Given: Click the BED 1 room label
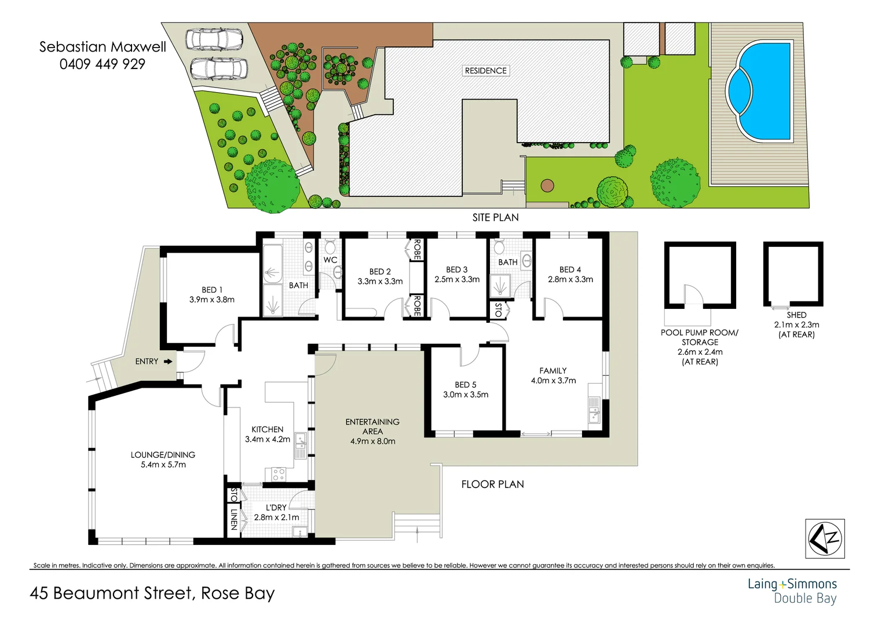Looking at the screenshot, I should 212,290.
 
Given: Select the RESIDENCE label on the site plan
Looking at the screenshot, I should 485,71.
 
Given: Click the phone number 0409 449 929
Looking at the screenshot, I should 103,64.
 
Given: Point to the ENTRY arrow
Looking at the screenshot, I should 168,362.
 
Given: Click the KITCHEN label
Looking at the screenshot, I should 268,430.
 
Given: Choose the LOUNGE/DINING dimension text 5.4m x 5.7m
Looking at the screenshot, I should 163,465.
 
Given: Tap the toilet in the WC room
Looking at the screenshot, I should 330,246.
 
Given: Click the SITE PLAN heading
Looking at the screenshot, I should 495,217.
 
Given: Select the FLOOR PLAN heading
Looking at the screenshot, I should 492,485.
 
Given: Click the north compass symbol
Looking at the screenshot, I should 825,539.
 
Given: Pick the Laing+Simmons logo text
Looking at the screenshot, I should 792,584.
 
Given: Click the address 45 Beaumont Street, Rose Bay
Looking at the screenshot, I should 152,594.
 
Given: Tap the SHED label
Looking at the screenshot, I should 796,315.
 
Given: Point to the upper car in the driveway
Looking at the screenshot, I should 214,39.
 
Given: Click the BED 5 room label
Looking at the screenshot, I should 466,385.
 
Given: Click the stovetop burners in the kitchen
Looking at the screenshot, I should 279,475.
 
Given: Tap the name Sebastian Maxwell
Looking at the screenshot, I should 103,47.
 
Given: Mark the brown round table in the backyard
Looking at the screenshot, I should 547,186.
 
